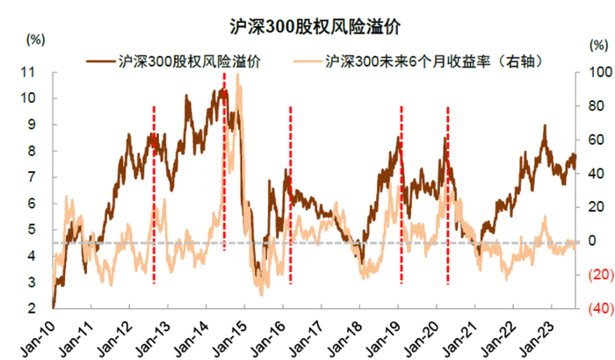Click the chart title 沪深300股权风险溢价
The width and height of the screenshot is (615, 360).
(308, 25)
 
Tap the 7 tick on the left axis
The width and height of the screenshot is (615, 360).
(39, 177)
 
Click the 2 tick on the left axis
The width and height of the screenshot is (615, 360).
(39, 309)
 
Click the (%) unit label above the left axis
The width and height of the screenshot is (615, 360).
(35, 40)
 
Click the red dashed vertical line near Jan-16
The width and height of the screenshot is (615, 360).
(291, 193)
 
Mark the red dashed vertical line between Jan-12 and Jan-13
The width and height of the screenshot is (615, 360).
(155, 193)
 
